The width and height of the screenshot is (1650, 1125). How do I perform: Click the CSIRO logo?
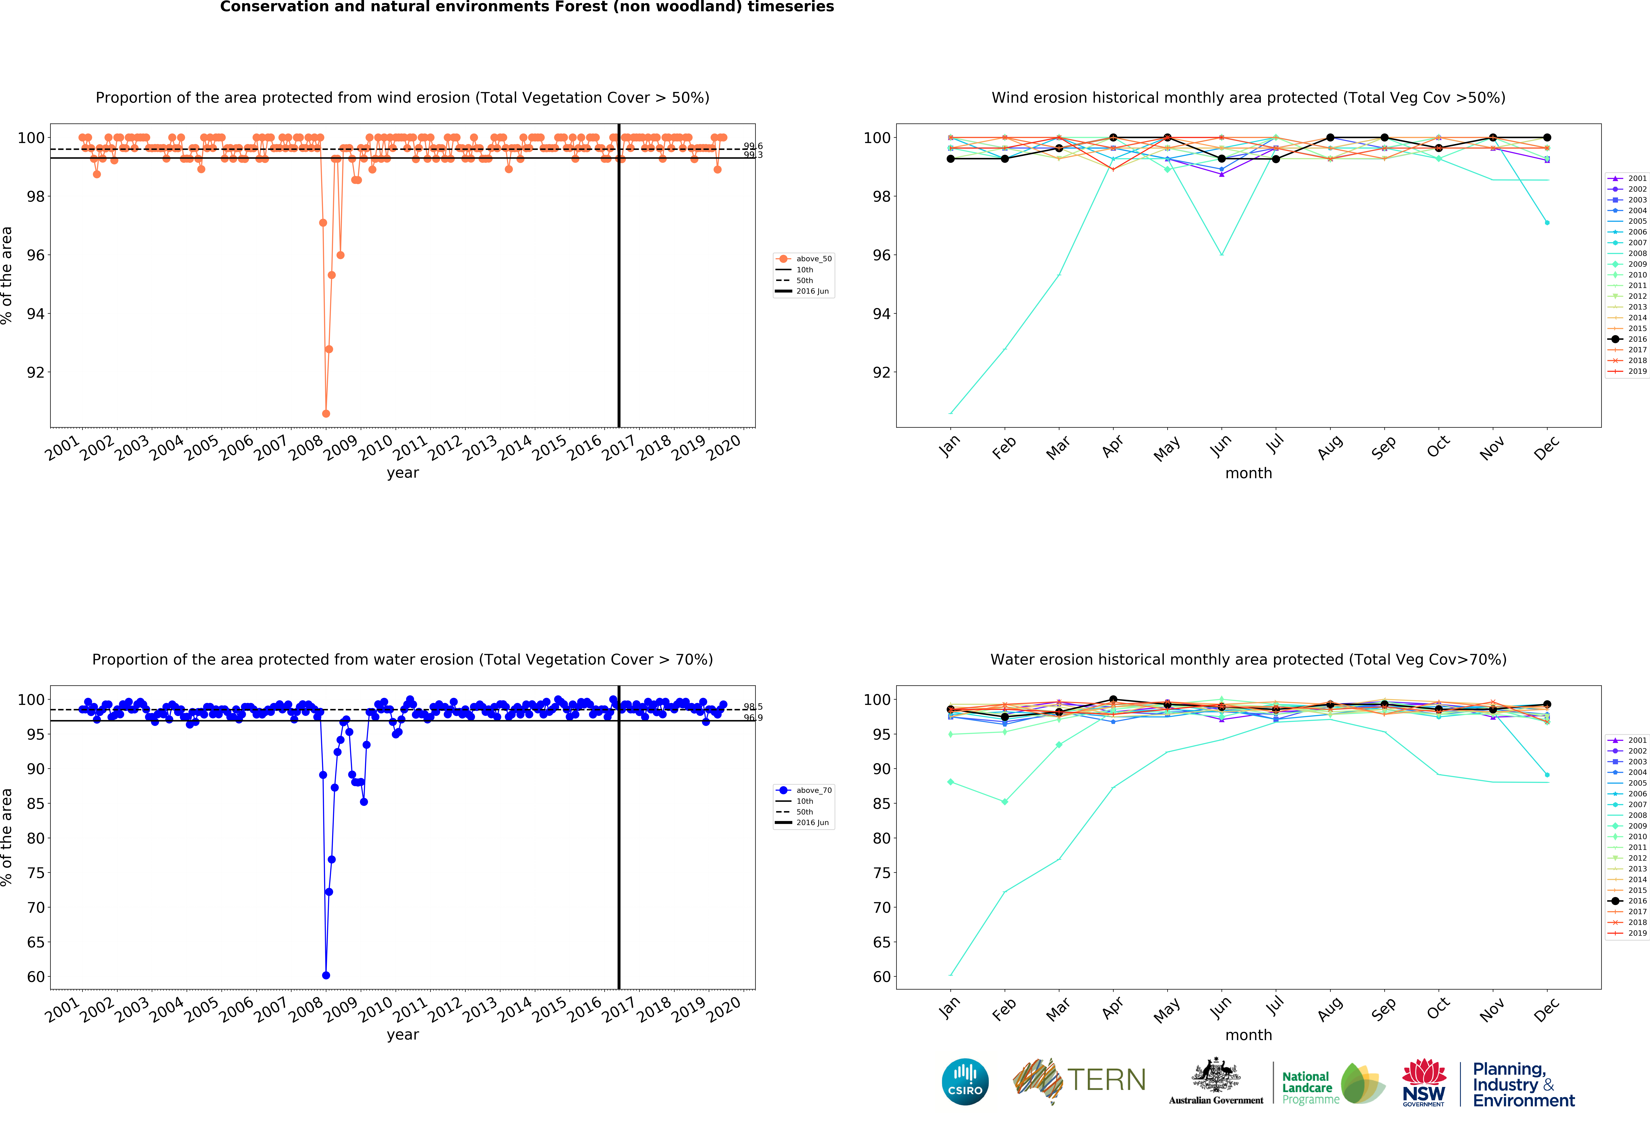click(x=965, y=1082)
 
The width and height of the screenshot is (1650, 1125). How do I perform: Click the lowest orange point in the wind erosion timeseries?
click(x=326, y=413)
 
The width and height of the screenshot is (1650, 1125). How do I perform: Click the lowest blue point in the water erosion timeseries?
click(x=326, y=975)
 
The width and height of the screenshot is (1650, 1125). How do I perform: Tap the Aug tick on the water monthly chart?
click(x=1330, y=1009)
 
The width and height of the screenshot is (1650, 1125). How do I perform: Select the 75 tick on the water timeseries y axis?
click(x=36, y=873)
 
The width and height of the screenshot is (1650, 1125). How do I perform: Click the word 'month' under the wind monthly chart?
click(x=1248, y=473)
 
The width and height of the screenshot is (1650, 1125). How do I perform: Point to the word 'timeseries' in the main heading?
click(x=790, y=7)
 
